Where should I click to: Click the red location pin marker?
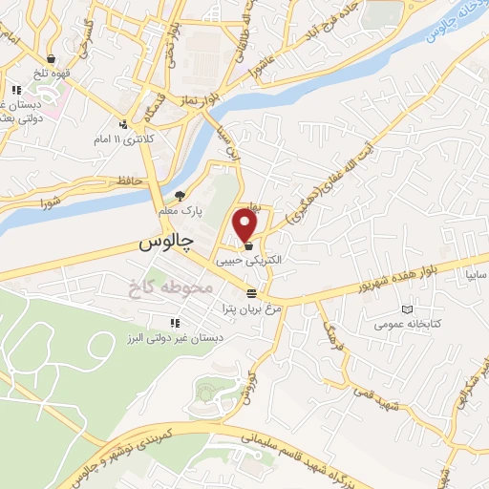coord(245,225)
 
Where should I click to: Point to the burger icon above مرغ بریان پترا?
coord(251,292)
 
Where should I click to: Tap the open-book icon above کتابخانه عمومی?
coord(409,309)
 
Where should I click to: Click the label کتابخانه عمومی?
coord(409,326)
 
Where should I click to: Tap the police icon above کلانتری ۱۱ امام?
coord(122,123)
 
